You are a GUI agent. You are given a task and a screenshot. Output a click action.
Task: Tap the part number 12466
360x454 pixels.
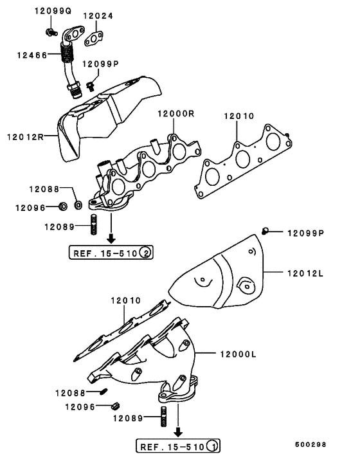(x=32, y=56)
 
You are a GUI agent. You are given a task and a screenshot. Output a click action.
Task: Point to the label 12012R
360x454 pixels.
(x=25, y=136)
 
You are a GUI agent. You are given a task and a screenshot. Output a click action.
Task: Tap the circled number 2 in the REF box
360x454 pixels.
(x=146, y=253)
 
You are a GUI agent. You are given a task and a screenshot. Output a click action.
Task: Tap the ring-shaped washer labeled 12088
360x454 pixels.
(x=78, y=205)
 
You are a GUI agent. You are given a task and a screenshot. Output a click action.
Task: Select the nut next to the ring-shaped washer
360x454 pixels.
(x=63, y=207)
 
